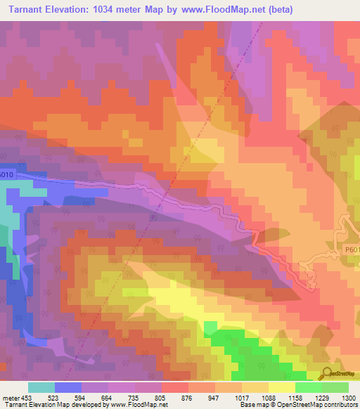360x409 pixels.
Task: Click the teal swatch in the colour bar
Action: click(41, 387)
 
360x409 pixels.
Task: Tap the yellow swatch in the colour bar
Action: click(282, 387)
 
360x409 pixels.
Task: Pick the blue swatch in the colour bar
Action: click(68, 387)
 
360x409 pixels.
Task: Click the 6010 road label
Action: click(6, 175)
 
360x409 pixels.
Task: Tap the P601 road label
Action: click(352, 247)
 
